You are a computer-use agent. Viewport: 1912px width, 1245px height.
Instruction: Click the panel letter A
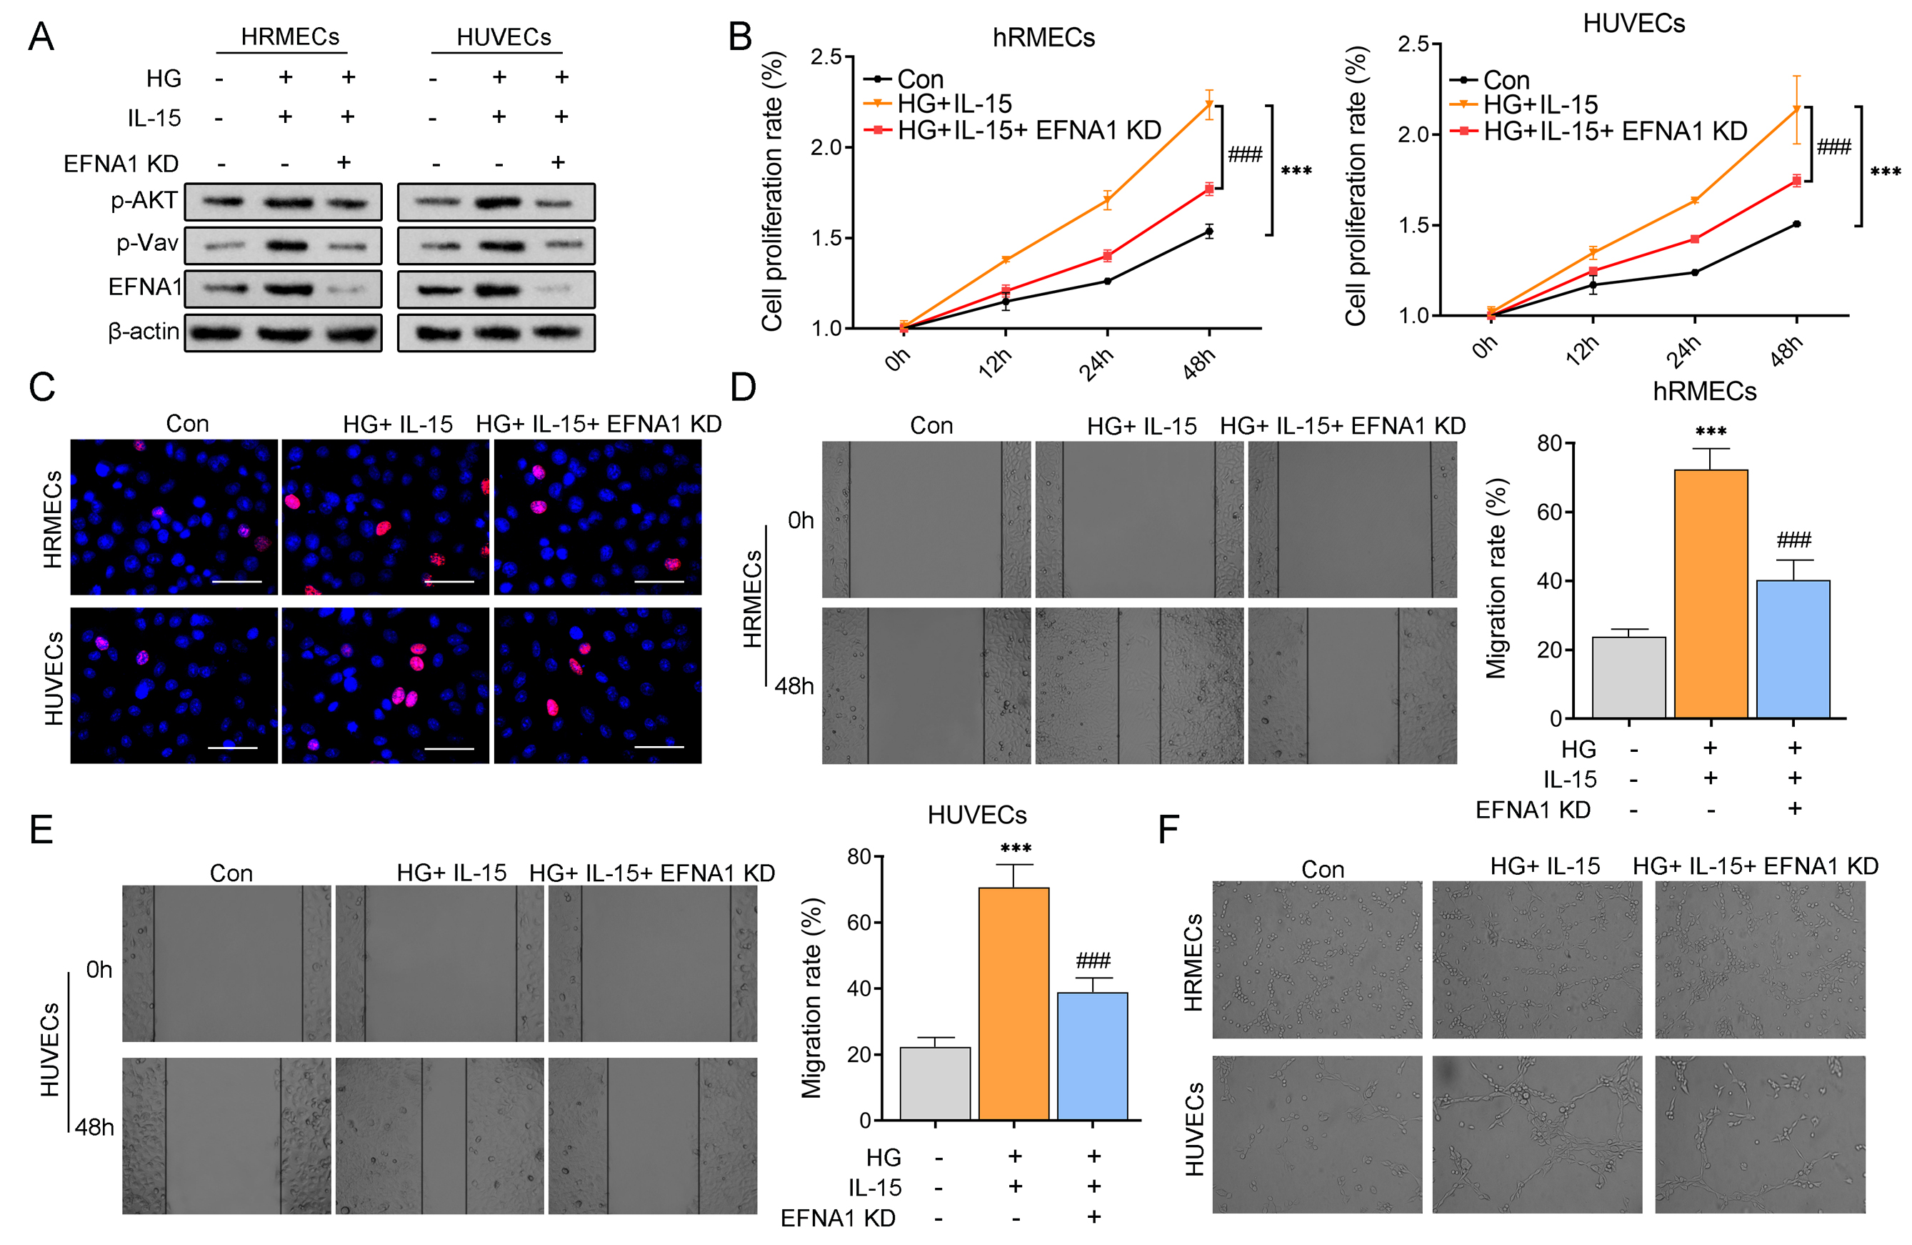[x=41, y=37]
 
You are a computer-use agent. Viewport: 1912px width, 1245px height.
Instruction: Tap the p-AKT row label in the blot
[x=144, y=200]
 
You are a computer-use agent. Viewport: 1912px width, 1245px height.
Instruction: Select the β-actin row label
[x=144, y=331]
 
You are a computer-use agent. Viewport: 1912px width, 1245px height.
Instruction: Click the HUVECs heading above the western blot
[x=504, y=37]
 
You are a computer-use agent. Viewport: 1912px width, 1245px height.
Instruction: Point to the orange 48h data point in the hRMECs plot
[x=1209, y=104]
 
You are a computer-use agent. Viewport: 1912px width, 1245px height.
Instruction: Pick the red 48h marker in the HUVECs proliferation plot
[x=1796, y=181]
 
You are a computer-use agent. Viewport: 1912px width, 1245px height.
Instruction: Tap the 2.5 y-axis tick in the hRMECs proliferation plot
[x=826, y=57]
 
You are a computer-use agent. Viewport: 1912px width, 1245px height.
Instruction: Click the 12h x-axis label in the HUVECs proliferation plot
[x=1582, y=350]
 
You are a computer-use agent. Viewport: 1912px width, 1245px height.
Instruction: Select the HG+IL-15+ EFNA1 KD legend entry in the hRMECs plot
[x=1029, y=130]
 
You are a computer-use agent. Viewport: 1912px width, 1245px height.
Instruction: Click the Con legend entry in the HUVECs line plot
[x=1506, y=80]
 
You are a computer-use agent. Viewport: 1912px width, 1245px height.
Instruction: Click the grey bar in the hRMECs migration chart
[x=1629, y=677]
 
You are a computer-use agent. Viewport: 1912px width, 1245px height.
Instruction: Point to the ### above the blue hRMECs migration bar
[x=1794, y=540]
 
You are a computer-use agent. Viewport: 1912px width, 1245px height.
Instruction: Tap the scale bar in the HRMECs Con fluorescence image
[x=237, y=581]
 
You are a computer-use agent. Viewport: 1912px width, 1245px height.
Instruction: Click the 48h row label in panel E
[x=95, y=1127]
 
